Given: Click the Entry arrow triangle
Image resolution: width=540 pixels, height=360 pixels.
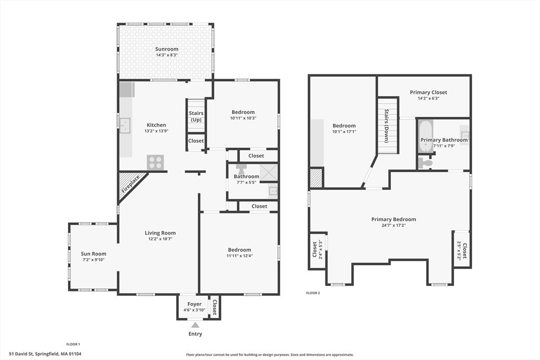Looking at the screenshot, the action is click(x=195, y=325).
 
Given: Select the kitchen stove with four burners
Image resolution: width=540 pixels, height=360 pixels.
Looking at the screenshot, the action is click(x=156, y=162).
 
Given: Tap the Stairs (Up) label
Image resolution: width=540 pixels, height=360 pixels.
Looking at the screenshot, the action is click(x=196, y=116).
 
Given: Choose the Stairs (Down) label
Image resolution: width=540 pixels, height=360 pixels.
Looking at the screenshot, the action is click(x=387, y=126).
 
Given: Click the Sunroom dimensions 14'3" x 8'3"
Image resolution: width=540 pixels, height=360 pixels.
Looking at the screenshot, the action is click(x=167, y=55).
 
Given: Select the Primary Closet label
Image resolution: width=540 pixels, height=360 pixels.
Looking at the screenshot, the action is click(x=428, y=92).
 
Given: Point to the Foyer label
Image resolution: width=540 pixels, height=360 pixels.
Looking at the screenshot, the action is click(x=195, y=304).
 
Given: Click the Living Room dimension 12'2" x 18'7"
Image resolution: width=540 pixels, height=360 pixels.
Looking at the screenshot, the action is click(x=160, y=239).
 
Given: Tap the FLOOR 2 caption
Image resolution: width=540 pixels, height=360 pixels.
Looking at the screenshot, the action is click(x=313, y=293).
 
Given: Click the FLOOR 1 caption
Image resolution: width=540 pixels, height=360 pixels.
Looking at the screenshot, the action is click(x=73, y=344).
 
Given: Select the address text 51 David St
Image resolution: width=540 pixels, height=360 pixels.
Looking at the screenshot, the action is click(x=21, y=354).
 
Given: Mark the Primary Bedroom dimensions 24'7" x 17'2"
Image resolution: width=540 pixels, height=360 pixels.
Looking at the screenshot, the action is click(x=393, y=226).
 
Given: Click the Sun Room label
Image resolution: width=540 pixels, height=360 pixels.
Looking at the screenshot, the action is click(x=94, y=254).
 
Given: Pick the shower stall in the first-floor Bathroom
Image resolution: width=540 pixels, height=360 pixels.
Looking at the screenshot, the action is click(x=268, y=172).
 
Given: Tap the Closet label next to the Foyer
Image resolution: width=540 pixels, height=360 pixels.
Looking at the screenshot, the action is click(x=214, y=307).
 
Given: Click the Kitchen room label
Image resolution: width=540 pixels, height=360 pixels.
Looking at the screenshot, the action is click(x=156, y=125).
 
